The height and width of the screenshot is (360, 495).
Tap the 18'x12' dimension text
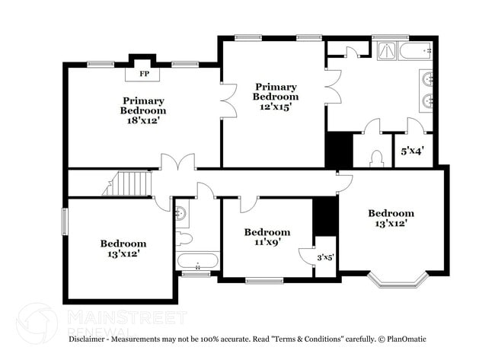(x=142, y=120)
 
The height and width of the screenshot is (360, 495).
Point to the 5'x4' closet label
(x=412, y=151)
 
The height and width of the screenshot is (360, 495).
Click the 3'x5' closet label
(x=325, y=258)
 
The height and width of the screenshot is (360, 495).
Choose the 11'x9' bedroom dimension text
(x=267, y=243)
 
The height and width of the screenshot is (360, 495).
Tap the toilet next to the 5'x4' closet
(x=375, y=158)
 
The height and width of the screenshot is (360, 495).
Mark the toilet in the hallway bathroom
(x=185, y=238)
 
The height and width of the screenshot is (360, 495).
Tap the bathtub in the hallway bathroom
(x=198, y=262)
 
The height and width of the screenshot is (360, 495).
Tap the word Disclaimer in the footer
(x=89, y=339)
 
